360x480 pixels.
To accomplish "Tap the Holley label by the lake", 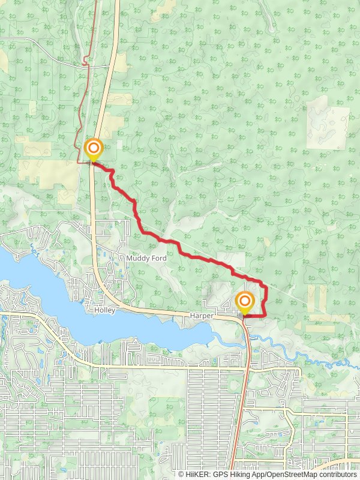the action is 104,310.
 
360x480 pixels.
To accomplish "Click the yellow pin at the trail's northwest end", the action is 94,149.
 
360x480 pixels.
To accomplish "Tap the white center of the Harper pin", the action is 245,299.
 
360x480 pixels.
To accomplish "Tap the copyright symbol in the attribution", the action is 181,474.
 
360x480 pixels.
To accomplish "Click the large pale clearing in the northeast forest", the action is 327,123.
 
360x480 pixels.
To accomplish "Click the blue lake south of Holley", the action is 90,327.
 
